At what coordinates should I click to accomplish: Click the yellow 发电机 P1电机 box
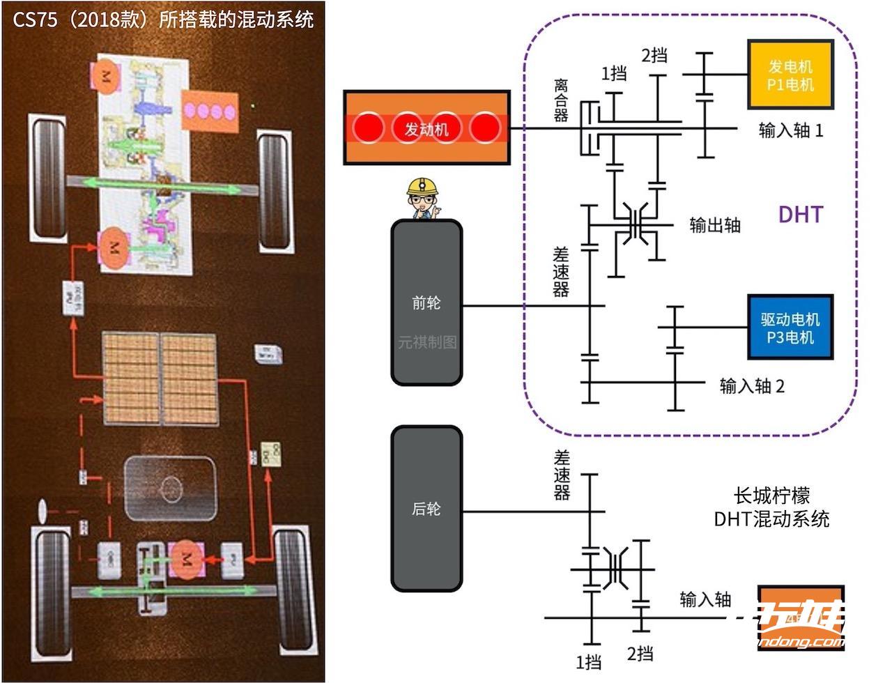tap(790, 75)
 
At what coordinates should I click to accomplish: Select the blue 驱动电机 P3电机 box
tap(790, 328)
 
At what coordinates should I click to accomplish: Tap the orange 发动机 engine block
tap(426, 128)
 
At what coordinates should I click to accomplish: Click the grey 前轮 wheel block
tap(426, 302)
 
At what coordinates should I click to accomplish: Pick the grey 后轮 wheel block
tap(426, 509)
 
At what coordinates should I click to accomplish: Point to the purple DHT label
tap(800, 214)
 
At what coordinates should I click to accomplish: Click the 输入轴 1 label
tap(790, 130)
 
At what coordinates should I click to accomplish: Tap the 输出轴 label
tap(714, 224)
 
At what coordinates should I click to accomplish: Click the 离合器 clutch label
tap(561, 100)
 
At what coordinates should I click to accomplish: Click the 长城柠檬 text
tap(771, 496)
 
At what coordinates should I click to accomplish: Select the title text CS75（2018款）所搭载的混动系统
tap(163, 19)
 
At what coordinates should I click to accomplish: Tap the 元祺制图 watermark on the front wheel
tap(426, 342)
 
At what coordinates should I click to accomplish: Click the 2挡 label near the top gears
tap(654, 55)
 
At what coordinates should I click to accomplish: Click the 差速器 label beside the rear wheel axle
tap(562, 475)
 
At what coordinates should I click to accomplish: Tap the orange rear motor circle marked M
tap(185, 557)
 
